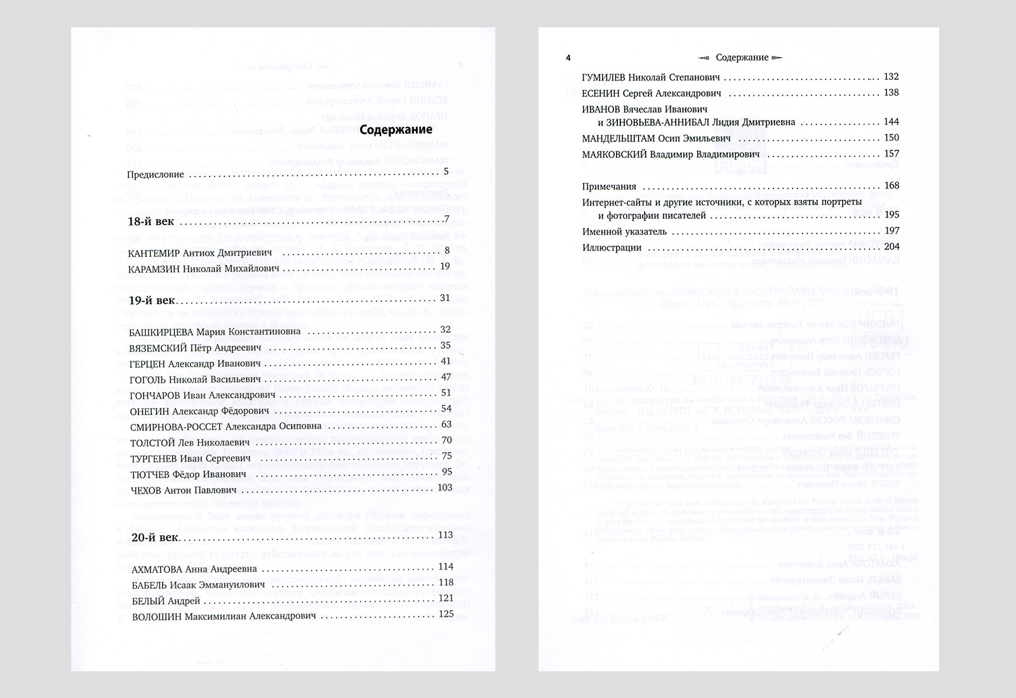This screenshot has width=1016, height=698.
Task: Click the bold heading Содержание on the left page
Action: [396, 130]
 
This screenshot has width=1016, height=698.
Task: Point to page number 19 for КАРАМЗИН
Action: [444, 267]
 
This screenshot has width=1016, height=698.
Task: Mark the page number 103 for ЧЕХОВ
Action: [444, 487]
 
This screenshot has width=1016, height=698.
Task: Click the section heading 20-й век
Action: [154, 537]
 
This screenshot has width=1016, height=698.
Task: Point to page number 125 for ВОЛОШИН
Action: [446, 614]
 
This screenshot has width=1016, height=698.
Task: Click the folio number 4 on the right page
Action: [568, 58]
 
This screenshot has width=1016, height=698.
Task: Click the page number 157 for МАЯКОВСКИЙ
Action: [891, 154]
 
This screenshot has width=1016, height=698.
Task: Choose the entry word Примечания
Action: [609, 187]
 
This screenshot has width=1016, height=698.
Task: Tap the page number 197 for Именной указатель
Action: [891, 232]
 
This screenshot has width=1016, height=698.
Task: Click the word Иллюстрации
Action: [612, 248]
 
